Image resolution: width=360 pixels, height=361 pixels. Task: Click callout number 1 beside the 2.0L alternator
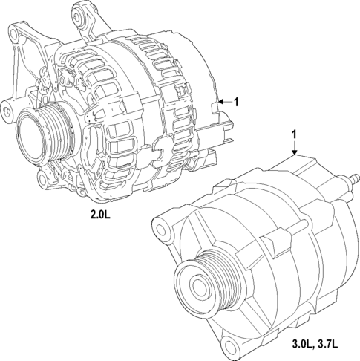pos(236,103)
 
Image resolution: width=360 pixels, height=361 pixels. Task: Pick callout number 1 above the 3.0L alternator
pos(295,134)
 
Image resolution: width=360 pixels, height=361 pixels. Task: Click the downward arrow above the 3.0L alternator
pos(295,151)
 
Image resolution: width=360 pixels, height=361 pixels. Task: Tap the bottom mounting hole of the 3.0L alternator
pos(236,347)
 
